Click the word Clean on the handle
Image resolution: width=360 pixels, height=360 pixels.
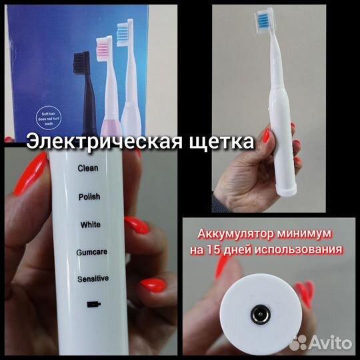[x=88, y=169]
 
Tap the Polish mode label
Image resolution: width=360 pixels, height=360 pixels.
[x=89, y=197]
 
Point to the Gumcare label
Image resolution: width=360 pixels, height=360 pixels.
[x=93, y=252]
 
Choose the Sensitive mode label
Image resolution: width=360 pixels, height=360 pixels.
[x=93, y=278]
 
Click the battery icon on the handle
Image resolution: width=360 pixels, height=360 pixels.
[x=93, y=305]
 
